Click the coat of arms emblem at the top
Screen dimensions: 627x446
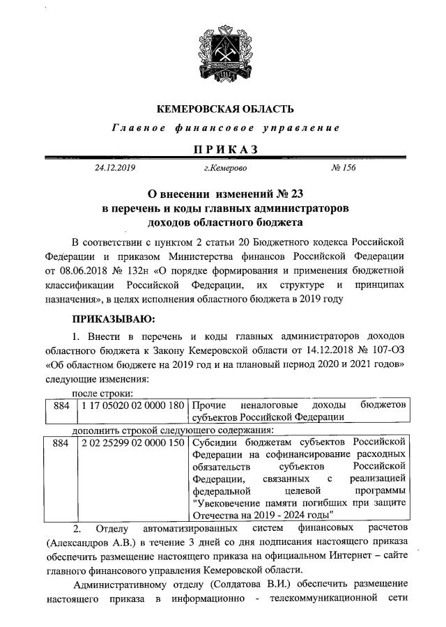(225, 49)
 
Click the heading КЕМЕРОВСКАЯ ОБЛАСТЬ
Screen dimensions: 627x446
(225, 109)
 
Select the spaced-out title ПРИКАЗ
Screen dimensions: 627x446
(225, 148)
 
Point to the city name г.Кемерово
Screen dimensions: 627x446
(224, 168)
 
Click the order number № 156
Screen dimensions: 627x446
(341, 168)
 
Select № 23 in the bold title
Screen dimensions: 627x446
(285, 193)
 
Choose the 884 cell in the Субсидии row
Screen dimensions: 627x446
(61, 442)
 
